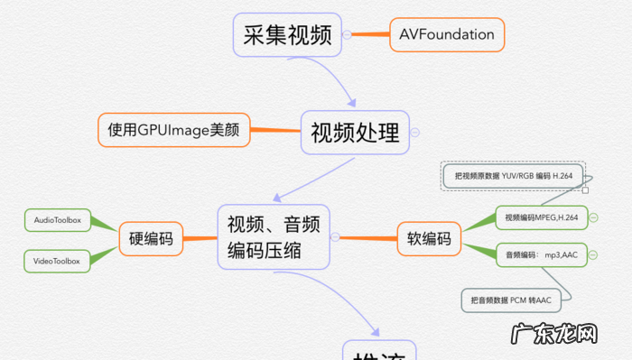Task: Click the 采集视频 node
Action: (x=287, y=35)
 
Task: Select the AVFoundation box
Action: (x=447, y=34)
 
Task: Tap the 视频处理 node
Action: (x=355, y=133)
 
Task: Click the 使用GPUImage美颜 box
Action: (x=173, y=130)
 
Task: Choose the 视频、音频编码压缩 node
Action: (x=273, y=236)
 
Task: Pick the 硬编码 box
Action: (x=151, y=239)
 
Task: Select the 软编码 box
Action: (x=429, y=239)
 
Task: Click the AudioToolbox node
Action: (x=58, y=220)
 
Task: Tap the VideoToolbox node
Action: (x=58, y=262)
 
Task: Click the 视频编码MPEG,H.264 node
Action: (x=542, y=217)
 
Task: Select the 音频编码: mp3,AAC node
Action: (x=542, y=255)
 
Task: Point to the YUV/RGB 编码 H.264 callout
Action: (x=514, y=176)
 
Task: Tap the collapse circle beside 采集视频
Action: (x=347, y=35)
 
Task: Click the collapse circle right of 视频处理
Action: (x=414, y=133)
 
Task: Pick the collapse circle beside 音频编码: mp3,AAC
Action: (x=593, y=255)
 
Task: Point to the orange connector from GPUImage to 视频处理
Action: (x=274, y=131)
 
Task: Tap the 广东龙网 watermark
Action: (x=554, y=335)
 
